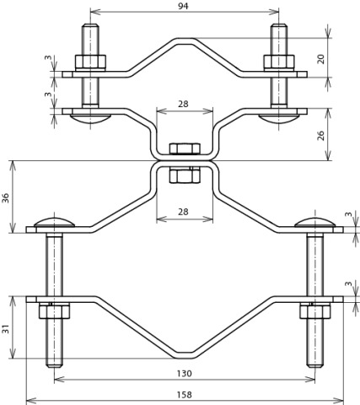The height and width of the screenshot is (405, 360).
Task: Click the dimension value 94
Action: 183,6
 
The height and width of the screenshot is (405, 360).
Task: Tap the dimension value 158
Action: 185,395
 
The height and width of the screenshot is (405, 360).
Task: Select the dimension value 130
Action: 185,374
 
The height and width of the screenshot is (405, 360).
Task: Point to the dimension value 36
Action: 6,198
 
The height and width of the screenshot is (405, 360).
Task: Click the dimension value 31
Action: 6,328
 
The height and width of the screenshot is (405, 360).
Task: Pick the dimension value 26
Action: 321,135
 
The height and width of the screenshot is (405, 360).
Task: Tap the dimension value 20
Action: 321,59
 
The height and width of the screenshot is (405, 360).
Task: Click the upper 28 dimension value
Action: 183,104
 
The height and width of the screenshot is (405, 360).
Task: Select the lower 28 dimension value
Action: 183,212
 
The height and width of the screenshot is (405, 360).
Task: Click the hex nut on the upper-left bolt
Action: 90,62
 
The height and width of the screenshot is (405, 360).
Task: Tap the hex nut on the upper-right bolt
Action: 279,62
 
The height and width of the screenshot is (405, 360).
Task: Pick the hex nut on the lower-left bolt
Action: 54,311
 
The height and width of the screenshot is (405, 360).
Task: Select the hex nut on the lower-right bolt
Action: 314,311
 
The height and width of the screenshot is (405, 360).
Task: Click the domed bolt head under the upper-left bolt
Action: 90,119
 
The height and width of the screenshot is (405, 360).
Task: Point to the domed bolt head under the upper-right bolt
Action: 279,119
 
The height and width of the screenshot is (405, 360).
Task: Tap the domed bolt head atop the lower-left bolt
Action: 54,222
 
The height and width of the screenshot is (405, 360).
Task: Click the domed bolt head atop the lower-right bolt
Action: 314,222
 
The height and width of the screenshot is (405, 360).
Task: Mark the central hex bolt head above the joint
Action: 185,148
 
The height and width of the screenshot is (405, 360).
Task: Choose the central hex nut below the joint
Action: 185,175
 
